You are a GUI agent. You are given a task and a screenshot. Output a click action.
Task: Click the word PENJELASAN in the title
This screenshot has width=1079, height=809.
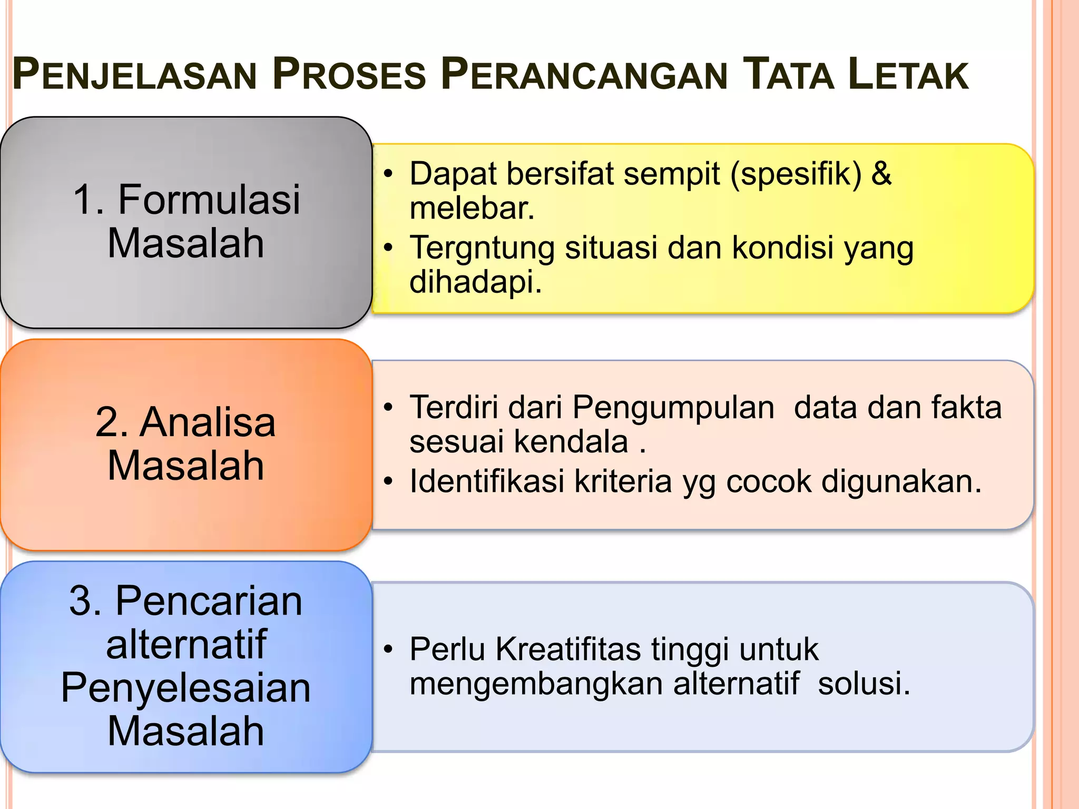(134, 75)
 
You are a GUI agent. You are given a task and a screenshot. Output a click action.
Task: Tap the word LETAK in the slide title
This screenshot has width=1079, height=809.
(908, 75)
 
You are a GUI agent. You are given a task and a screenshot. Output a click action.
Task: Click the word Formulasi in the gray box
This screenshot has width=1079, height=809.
(209, 200)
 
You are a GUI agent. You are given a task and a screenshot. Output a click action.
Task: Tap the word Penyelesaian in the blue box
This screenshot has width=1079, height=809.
(186, 688)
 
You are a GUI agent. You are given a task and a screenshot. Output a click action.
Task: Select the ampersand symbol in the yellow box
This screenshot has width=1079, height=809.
(881, 173)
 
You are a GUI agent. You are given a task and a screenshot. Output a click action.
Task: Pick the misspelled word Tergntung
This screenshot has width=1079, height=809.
(482, 248)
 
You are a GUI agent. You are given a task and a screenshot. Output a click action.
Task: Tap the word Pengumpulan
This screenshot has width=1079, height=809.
(673, 408)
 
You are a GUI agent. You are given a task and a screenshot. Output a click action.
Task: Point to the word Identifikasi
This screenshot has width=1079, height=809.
(486, 481)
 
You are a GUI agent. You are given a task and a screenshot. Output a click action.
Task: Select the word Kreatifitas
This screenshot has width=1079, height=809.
(568, 649)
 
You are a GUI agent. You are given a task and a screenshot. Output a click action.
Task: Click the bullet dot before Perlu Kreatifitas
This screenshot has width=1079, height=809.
(388, 649)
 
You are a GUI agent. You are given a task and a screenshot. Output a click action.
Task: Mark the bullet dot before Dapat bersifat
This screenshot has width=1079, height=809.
(388, 174)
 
